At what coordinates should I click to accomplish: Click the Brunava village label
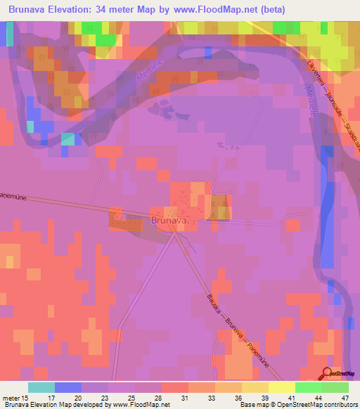[169, 221]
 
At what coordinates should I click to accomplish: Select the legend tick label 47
[345, 398]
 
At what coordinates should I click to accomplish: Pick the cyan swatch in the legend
[41, 387]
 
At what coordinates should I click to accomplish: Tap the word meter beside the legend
[13, 398]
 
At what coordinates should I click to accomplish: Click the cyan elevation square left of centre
[67, 138]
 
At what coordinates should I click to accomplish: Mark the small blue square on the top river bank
[208, 51]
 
